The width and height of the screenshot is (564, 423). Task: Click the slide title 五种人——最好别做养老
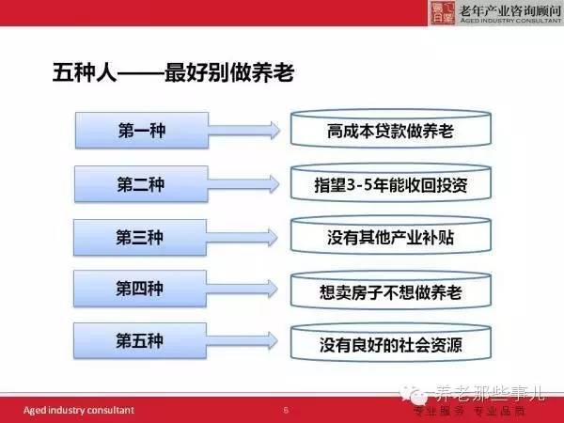[x=173, y=72]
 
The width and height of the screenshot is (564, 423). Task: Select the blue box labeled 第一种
[x=142, y=131]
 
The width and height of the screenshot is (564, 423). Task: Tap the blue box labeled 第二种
[x=141, y=184]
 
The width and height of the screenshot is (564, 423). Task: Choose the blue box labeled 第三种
[x=140, y=238]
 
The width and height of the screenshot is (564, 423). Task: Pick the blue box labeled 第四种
[x=140, y=289]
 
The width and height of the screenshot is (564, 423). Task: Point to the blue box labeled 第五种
[x=140, y=340]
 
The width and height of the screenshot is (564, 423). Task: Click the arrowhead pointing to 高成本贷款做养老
[x=275, y=131]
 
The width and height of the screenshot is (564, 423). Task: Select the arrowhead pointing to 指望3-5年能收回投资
[x=274, y=184]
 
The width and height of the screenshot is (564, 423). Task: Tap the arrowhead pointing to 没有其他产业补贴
[x=274, y=238]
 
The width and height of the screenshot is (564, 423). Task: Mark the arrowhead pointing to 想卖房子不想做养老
[x=274, y=289]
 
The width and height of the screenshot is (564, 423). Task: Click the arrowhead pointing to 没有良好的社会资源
[x=274, y=340]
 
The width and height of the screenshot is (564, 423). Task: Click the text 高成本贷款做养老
[x=391, y=132]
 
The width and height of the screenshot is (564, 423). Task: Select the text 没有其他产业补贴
[x=391, y=238]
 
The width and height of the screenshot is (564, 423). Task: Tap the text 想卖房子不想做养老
[x=391, y=292]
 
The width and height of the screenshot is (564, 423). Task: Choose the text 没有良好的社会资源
[x=391, y=345]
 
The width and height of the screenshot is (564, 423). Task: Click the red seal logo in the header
[x=443, y=12]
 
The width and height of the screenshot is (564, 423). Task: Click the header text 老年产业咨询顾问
[x=510, y=10]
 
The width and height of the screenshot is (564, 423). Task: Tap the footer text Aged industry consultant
[x=79, y=410]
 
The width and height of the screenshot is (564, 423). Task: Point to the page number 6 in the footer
[x=286, y=410]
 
